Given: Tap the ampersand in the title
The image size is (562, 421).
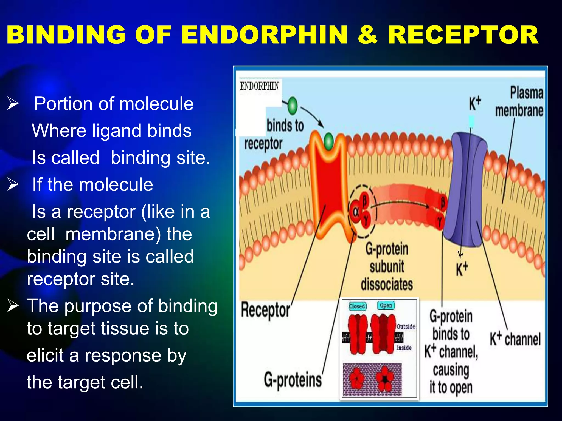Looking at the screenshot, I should (368, 35).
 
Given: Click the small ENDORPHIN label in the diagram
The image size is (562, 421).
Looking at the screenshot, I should (259, 86).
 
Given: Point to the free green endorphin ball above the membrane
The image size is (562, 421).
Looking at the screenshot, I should (293, 106).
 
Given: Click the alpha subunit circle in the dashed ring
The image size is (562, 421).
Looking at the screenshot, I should (356, 212).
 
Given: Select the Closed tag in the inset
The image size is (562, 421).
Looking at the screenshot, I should (357, 306).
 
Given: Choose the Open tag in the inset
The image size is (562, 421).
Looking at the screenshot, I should (386, 305).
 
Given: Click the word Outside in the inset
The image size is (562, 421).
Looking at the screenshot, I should (406, 326).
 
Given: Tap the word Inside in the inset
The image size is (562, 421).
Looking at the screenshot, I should (404, 348).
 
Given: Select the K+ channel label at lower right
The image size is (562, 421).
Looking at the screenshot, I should (515, 339).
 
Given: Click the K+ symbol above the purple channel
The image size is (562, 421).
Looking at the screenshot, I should (474, 104).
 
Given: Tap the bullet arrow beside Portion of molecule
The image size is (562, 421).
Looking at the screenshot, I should (13, 104).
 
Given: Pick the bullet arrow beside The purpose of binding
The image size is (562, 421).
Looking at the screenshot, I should (13, 306).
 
